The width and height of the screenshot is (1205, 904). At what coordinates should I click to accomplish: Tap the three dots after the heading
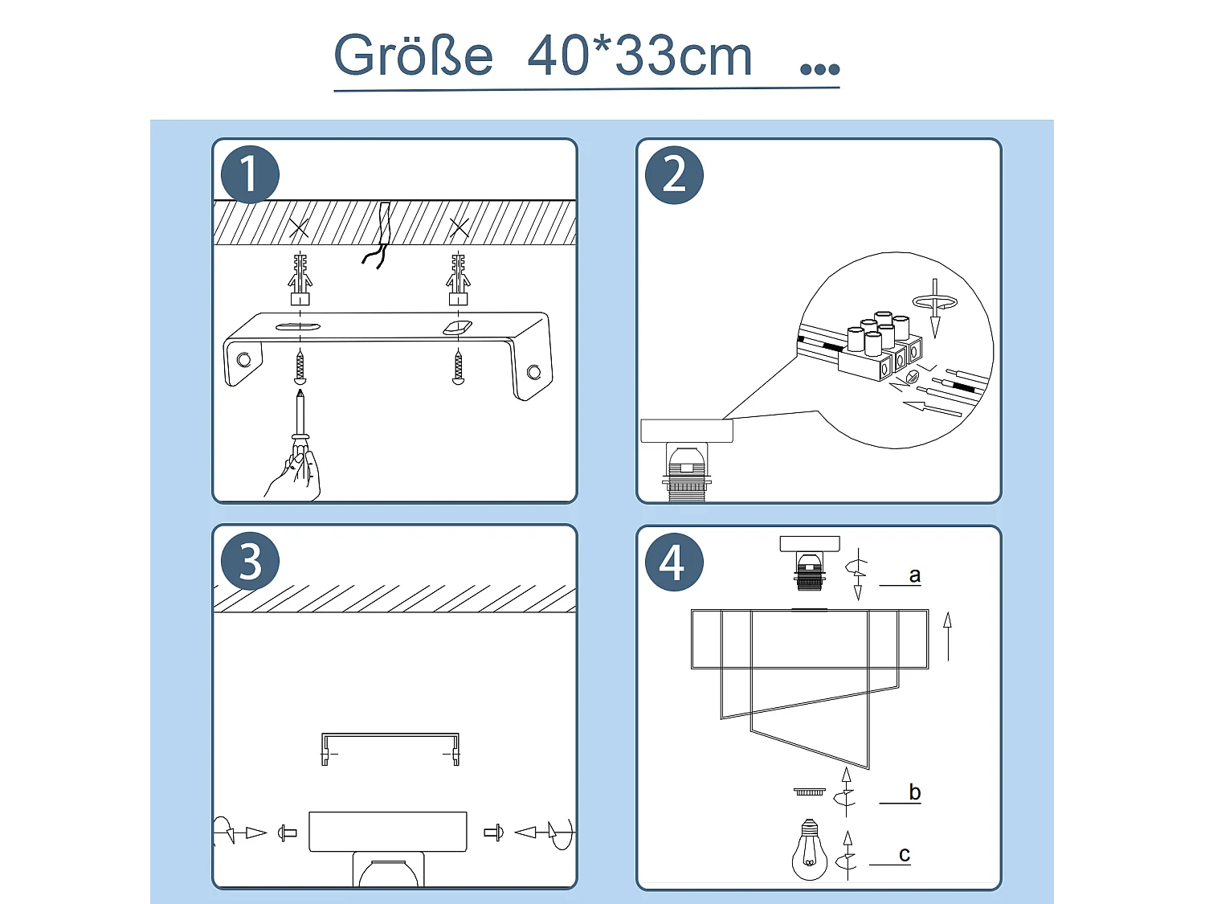[819, 68]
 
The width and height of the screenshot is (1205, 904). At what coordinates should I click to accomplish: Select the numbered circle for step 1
[250, 174]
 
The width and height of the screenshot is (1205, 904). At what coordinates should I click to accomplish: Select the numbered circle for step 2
[674, 175]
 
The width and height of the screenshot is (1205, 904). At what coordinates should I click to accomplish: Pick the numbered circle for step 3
[250, 561]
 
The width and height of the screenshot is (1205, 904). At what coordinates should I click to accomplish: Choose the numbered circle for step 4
[674, 562]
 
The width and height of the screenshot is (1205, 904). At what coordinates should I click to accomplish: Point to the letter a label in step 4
[914, 575]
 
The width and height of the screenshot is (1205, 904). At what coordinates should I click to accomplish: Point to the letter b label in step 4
[914, 792]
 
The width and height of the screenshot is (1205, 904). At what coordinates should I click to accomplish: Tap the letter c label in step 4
[905, 855]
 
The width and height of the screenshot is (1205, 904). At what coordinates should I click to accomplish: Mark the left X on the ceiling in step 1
[299, 227]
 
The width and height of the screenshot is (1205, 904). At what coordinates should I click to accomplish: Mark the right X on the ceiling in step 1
[459, 227]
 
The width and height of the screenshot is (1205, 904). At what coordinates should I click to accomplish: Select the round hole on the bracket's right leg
[533, 372]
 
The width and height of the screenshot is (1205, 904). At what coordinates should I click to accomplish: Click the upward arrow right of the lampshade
[947, 636]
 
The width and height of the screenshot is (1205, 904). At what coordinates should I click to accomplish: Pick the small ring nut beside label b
[809, 792]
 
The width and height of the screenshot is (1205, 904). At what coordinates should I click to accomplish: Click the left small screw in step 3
[287, 832]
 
